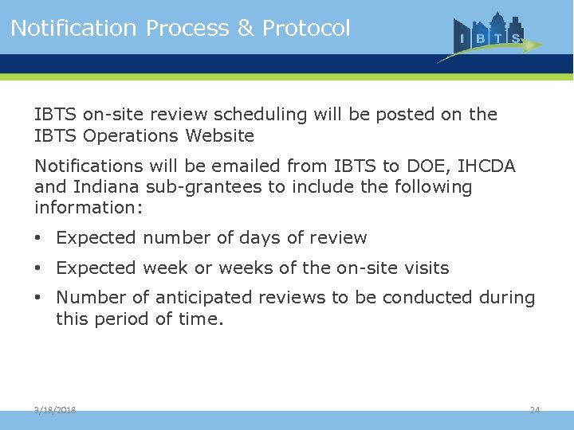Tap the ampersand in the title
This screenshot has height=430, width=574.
(245, 29)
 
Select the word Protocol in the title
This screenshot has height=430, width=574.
(306, 29)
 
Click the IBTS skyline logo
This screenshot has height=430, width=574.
(490, 36)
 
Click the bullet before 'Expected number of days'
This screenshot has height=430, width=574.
(39, 238)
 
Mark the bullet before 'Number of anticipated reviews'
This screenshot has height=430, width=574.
(39, 298)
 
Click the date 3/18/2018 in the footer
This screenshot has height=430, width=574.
(55, 410)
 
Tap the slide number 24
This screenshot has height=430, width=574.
(535, 410)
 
